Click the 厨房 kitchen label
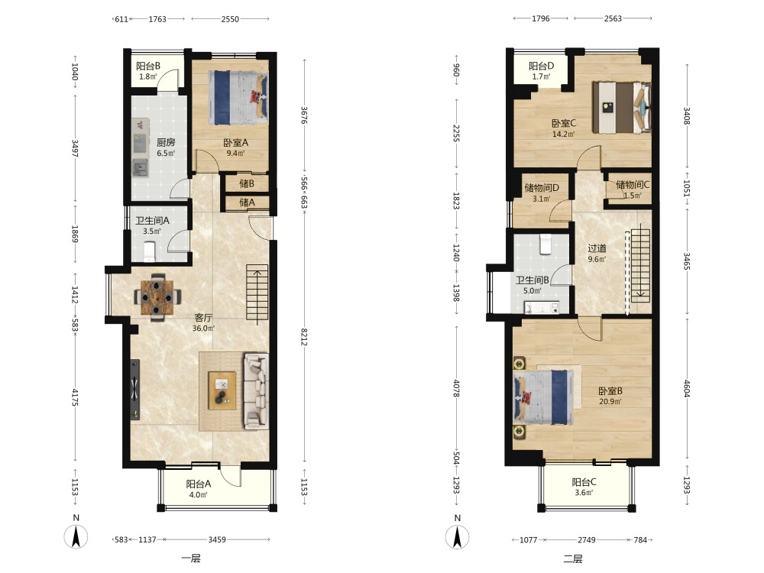pyautogui.click(x=166, y=142)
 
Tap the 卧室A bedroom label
pyautogui.click(x=236, y=143)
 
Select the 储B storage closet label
pyautogui.click(x=247, y=183)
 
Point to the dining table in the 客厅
pyautogui.click(x=157, y=296)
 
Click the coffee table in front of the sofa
pyautogui.click(x=222, y=390)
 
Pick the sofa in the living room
pyautogui.click(x=256, y=391)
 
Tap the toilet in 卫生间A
pyautogui.click(x=149, y=251)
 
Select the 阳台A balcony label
pyautogui.click(x=199, y=484)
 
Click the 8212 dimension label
pyautogui.click(x=304, y=337)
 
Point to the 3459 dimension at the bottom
pyautogui.click(x=217, y=539)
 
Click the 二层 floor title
pyautogui.click(x=572, y=558)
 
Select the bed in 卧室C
pyautogui.click(x=621, y=107)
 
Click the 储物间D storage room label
pyautogui.click(x=542, y=188)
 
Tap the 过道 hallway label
pyautogui.click(x=597, y=248)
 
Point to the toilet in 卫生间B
pyautogui.click(x=545, y=244)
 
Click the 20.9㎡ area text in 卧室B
pyautogui.click(x=610, y=402)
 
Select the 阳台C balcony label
pyautogui.click(x=584, y=482)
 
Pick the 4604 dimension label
pyautogui.click(x=687, y=388)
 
